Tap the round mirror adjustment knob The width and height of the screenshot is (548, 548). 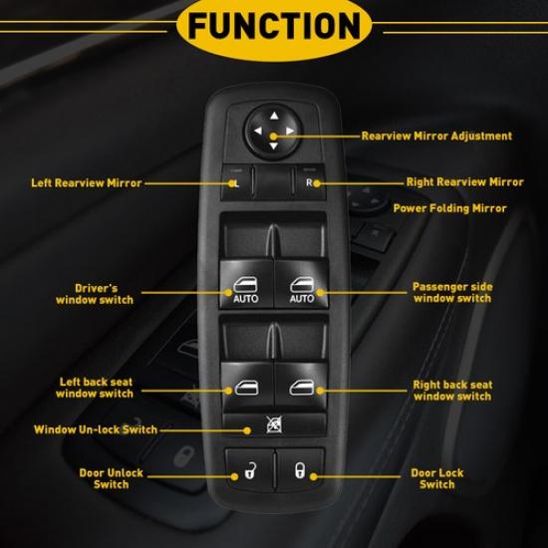273,131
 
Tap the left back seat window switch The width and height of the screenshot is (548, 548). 245,385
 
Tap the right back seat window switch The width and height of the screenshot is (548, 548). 302,385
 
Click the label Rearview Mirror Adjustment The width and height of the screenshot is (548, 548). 436,136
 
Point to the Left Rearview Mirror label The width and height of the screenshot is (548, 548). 86,183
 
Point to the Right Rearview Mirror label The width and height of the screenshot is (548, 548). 464,182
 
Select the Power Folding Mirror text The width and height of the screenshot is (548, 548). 449,208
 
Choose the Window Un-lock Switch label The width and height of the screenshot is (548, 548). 96,429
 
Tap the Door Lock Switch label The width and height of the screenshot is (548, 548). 437,478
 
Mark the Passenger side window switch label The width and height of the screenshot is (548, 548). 452,292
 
